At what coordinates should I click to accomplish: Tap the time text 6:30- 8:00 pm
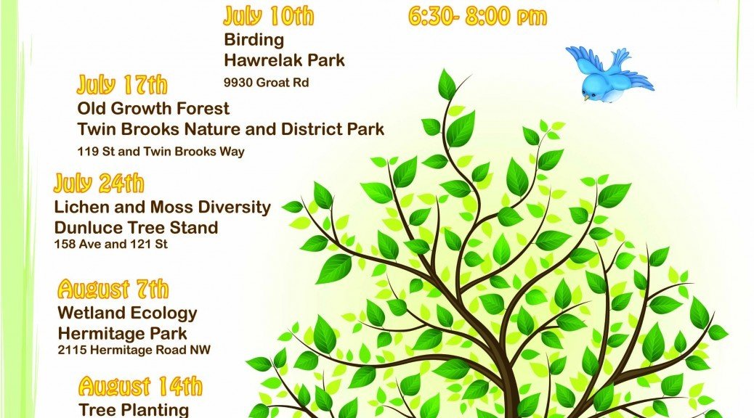pos(477,17)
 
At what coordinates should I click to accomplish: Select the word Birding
pos(254,39)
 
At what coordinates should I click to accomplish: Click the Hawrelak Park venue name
pos(284,60)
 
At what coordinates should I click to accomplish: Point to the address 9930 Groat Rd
pos(267,83)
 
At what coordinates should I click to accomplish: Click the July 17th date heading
pos(122,85)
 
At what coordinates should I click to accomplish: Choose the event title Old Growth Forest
pos(153,109)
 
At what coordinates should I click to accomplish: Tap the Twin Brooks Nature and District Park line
pos(231,129)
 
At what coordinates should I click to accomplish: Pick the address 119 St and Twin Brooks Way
pos(161,152)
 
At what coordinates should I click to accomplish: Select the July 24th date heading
pos(99,183)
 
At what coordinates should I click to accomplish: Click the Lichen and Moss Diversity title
pos(163,207)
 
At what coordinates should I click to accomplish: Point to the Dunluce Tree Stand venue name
pos(136,227)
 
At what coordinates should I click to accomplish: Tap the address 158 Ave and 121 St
pos(111,244)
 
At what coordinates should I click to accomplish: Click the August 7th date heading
pos(113,290)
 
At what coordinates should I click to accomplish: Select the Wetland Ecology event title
pos(127,313)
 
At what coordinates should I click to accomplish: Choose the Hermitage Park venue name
pos(122,333)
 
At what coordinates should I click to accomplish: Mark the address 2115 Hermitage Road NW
pos(134,350)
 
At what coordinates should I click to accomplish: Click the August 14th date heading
pos(140,386)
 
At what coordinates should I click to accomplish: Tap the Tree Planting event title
pos(134,410)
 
